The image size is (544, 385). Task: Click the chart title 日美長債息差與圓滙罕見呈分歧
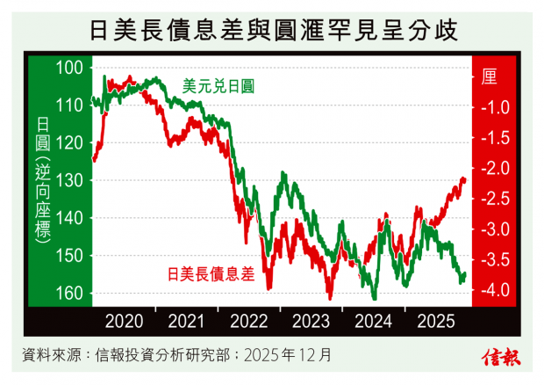[x=272, y=29]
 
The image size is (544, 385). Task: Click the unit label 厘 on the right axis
[x=489, y=76]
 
